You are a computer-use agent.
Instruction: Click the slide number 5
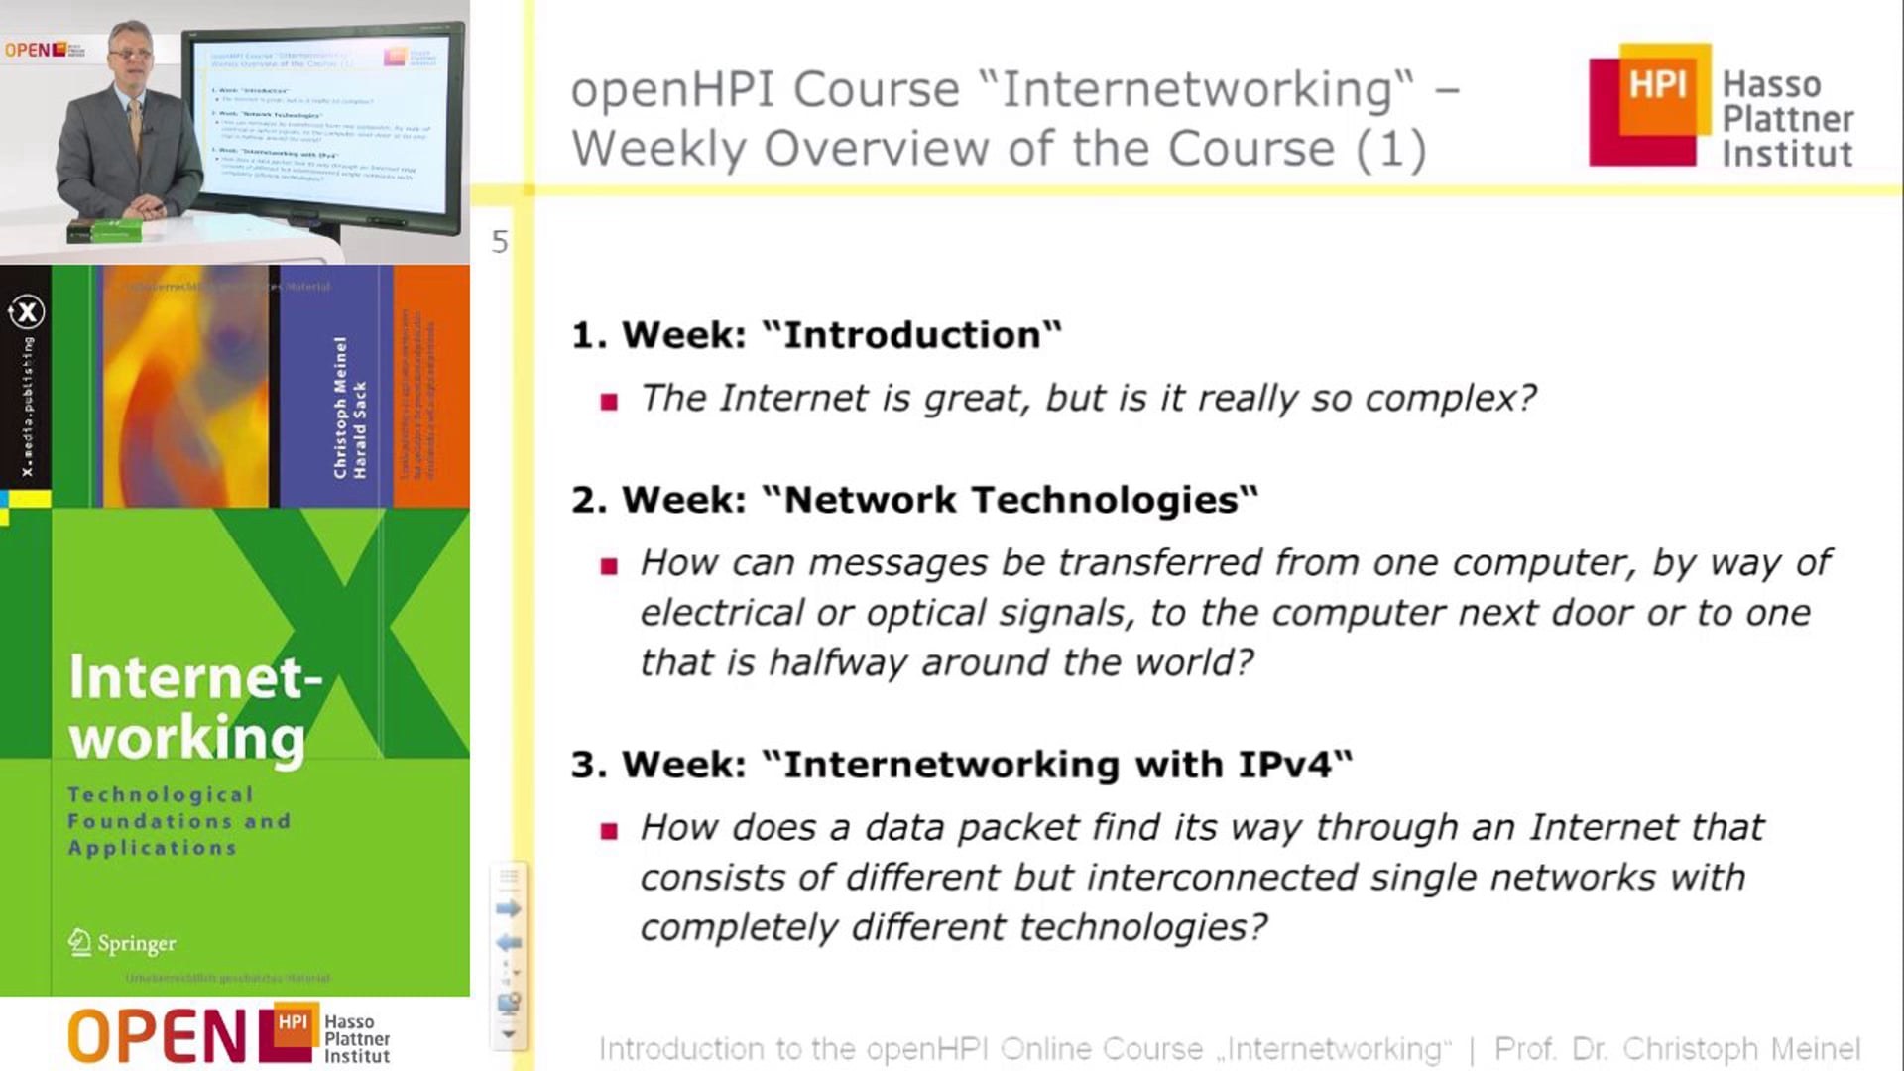499,242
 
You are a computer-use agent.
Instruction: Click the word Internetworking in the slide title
1206,89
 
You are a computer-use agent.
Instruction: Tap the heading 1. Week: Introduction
815,335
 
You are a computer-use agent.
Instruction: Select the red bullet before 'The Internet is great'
609,402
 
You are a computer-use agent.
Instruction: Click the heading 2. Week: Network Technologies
913,500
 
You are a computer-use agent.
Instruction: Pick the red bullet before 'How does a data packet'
609,831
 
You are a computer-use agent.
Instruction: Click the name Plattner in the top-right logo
1787,119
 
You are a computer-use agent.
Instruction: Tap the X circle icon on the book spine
27,312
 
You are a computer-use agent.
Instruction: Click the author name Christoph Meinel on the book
340,407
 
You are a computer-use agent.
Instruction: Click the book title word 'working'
186,739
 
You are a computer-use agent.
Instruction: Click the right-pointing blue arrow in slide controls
508,908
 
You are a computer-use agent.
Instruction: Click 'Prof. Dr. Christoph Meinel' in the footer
1676,1049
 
